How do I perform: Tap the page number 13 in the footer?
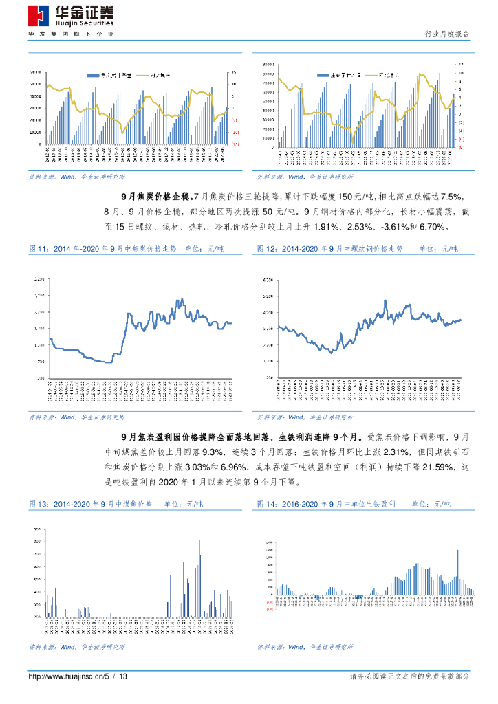tap(124, 677)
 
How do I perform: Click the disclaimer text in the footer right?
tap(410, 677)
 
